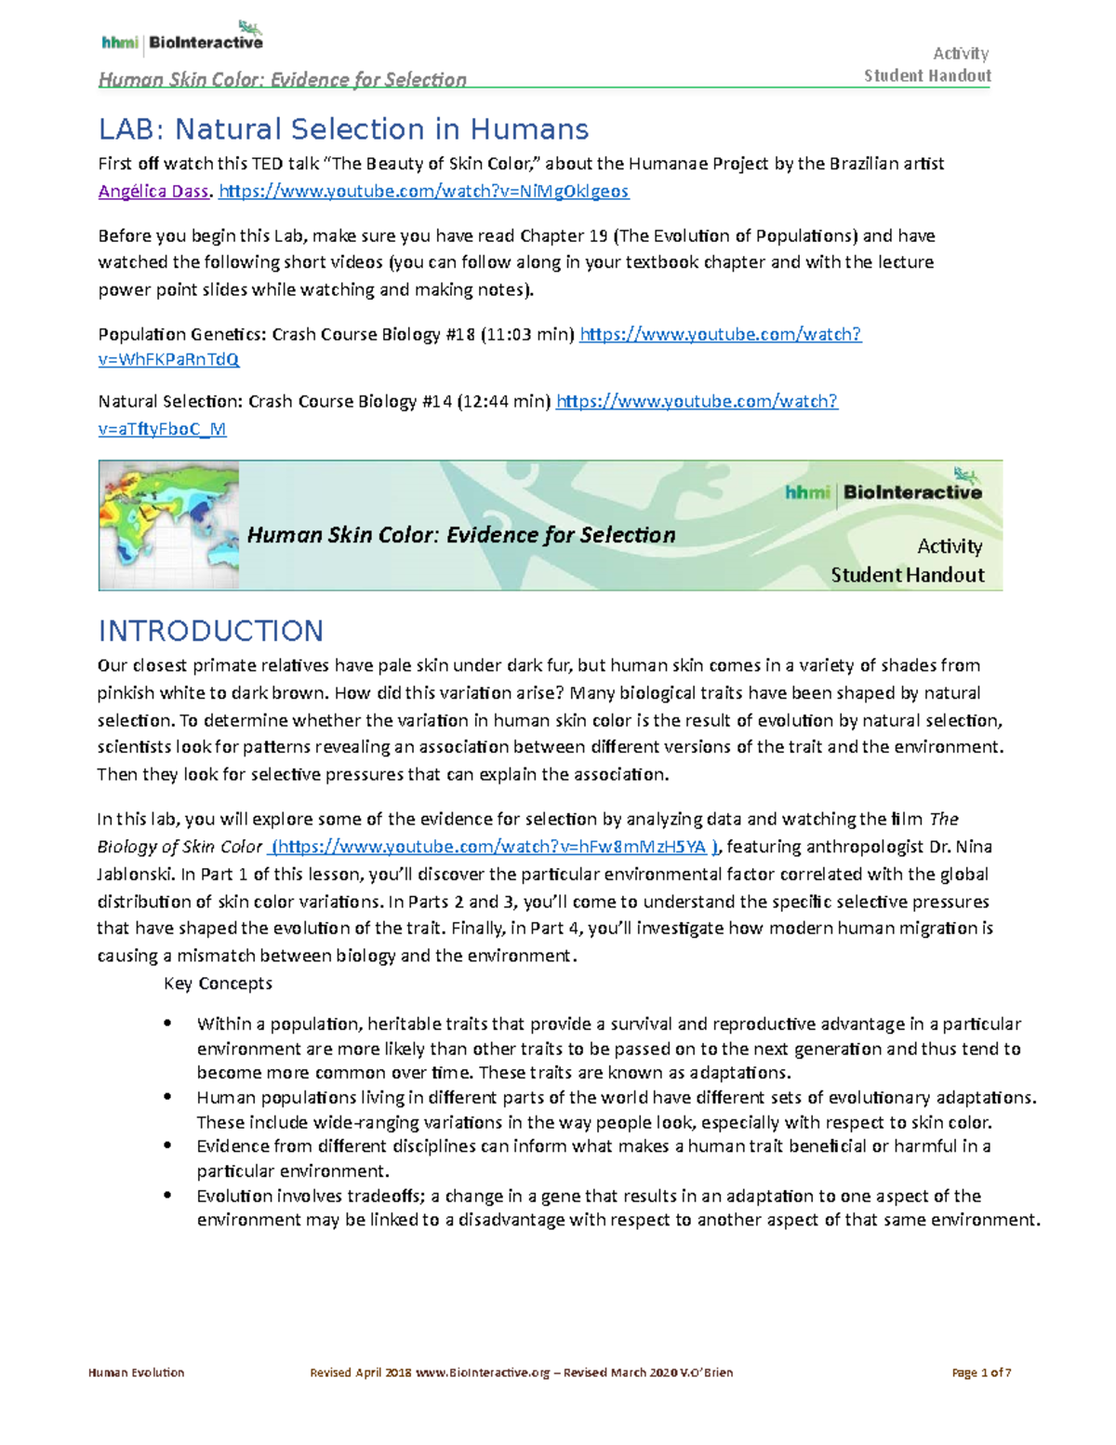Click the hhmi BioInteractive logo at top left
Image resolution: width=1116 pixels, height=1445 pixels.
(x=182, y=39)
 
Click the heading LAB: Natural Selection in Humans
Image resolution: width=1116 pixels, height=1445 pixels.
(x=343, y=128)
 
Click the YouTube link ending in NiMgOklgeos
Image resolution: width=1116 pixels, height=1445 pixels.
(x=423, y=192)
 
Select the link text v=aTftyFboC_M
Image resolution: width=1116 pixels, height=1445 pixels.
(x=162, y=429)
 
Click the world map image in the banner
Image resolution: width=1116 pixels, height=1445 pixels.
(x=169, y=526)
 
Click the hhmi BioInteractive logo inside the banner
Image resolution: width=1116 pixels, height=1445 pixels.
(x=883, y=490)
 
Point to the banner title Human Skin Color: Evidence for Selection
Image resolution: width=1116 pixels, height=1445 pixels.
(x=461, y=535)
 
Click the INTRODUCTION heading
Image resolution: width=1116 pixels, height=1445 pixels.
(x=211, y=631)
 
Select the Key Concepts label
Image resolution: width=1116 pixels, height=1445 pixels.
(x=218, y=983)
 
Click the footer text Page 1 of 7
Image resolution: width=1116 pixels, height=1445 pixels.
(x=981, y=1372)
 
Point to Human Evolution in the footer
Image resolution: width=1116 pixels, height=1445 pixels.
(x=136, y=1372)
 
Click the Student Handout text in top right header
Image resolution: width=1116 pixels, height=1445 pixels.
(x=927, y=76)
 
